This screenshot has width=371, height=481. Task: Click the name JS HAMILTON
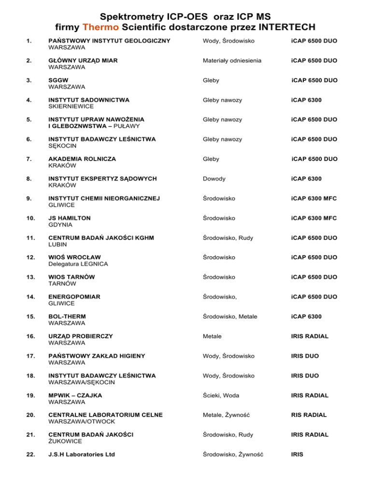(70, 218)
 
